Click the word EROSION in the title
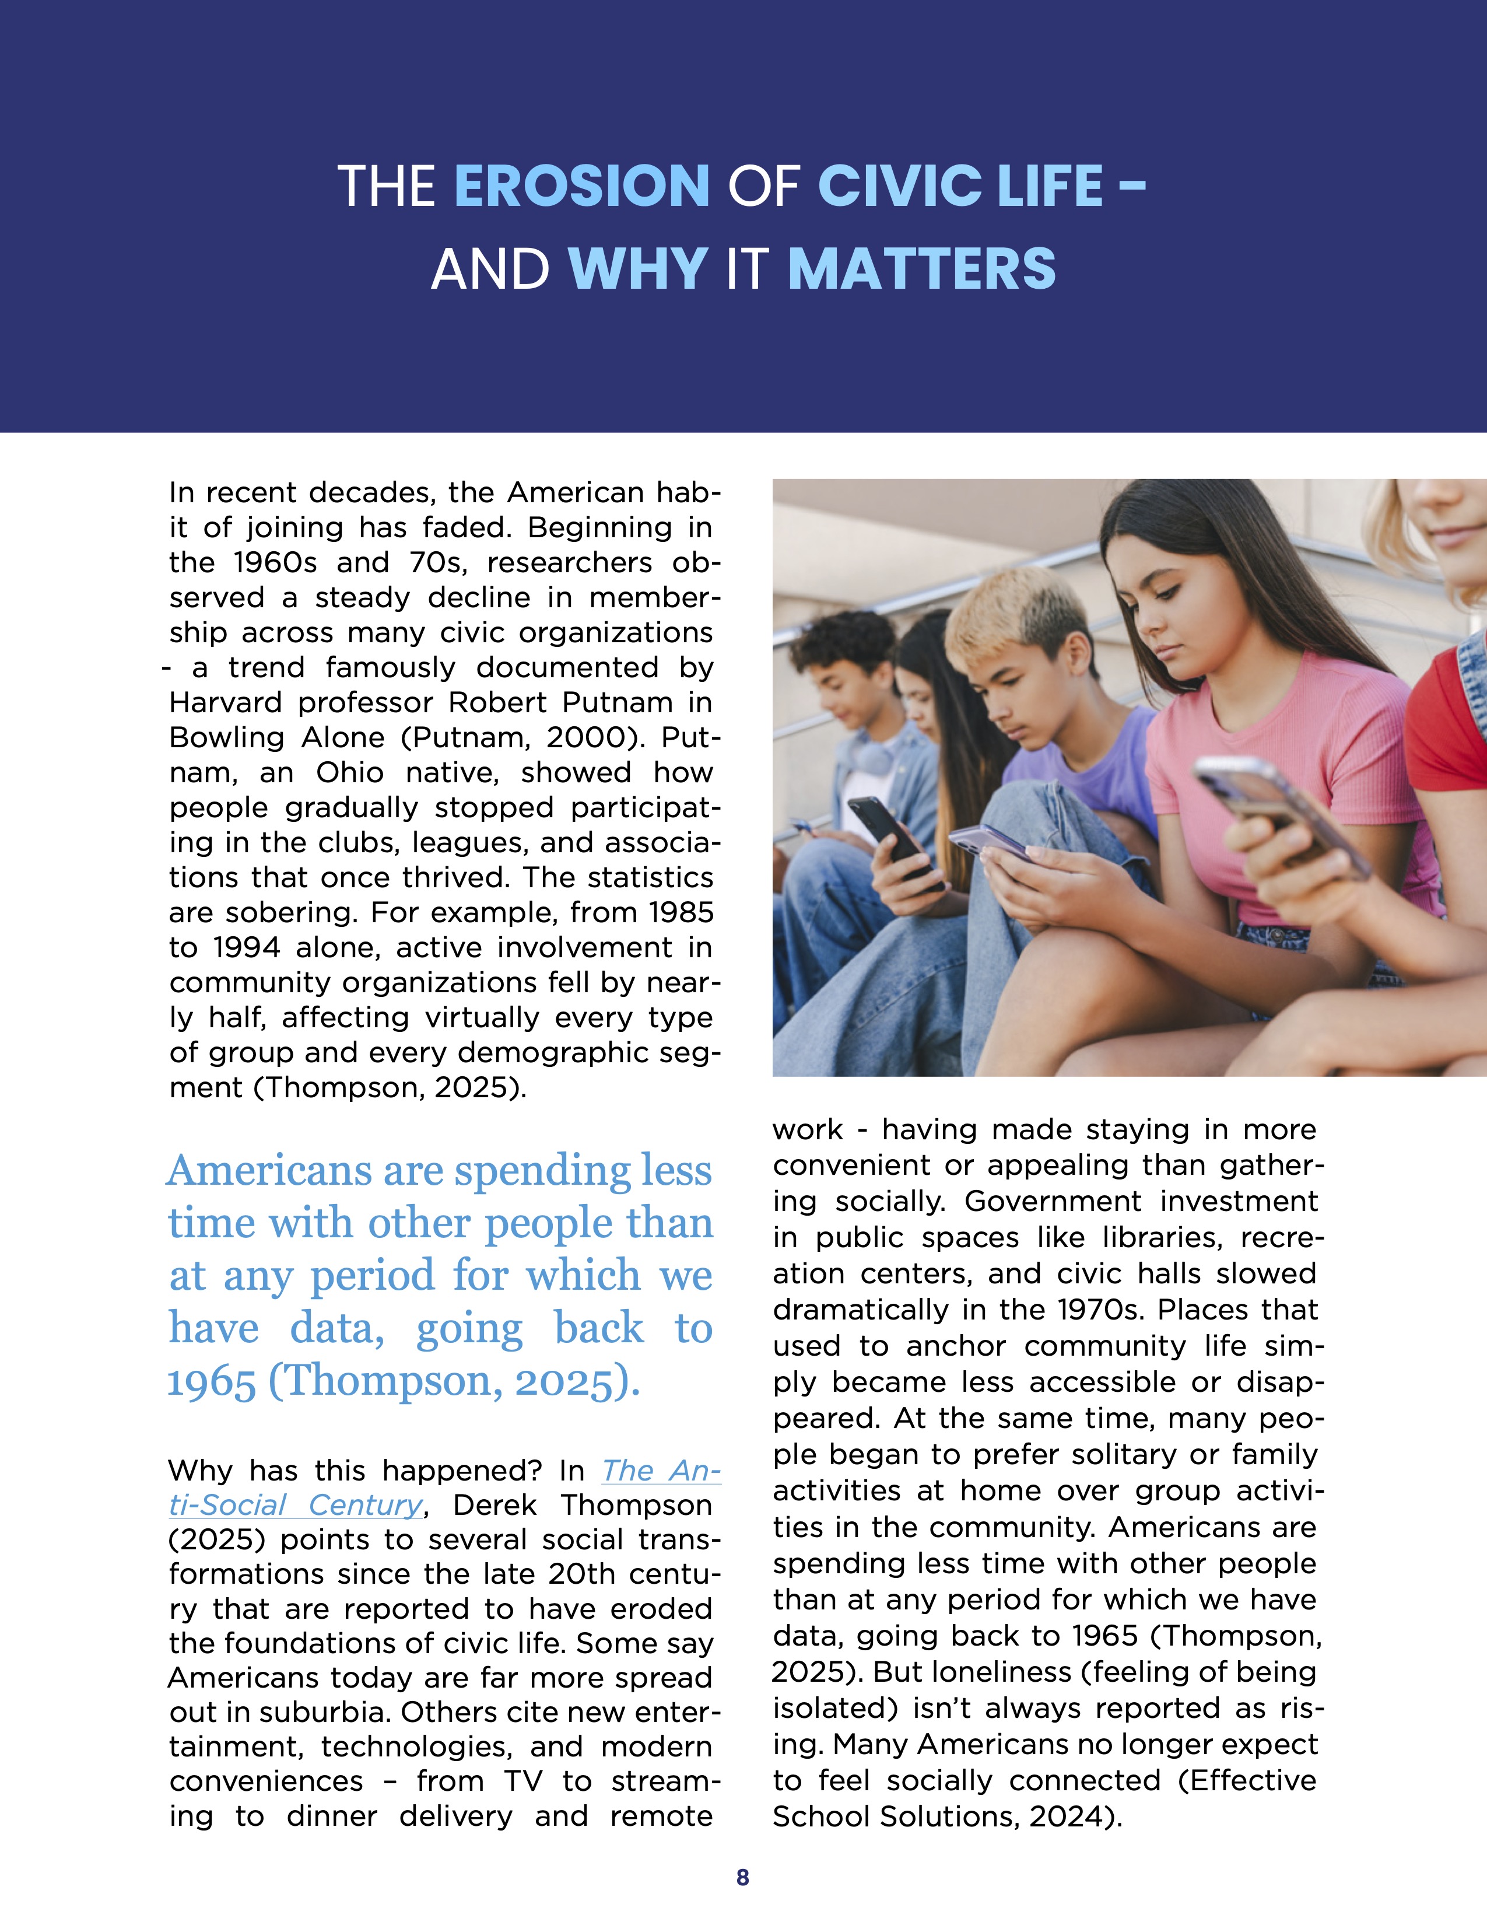[x=581, y=186]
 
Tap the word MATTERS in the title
[x=921, y=269]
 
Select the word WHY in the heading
[x=638, y=269]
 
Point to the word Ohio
[x=350, y=773]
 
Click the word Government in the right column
[x=1053, y=1201]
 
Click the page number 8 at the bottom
[x=742, y=1877]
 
